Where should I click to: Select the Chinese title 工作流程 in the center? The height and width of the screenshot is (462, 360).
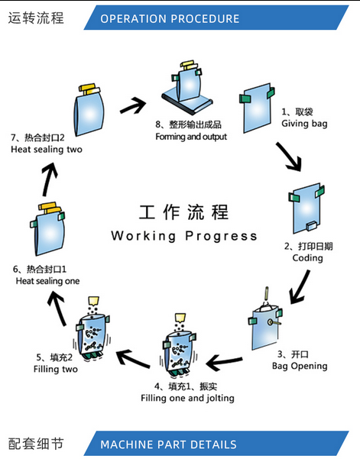click(183, 212)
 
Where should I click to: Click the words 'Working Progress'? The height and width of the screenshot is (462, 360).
click(184, 236)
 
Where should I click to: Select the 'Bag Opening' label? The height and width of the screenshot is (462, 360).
click(300, 366)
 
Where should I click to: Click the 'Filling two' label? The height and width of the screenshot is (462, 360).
click(56, 369)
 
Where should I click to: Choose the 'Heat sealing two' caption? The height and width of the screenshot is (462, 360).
click(47, 150)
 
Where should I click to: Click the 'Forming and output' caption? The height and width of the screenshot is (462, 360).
click(191, 137)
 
